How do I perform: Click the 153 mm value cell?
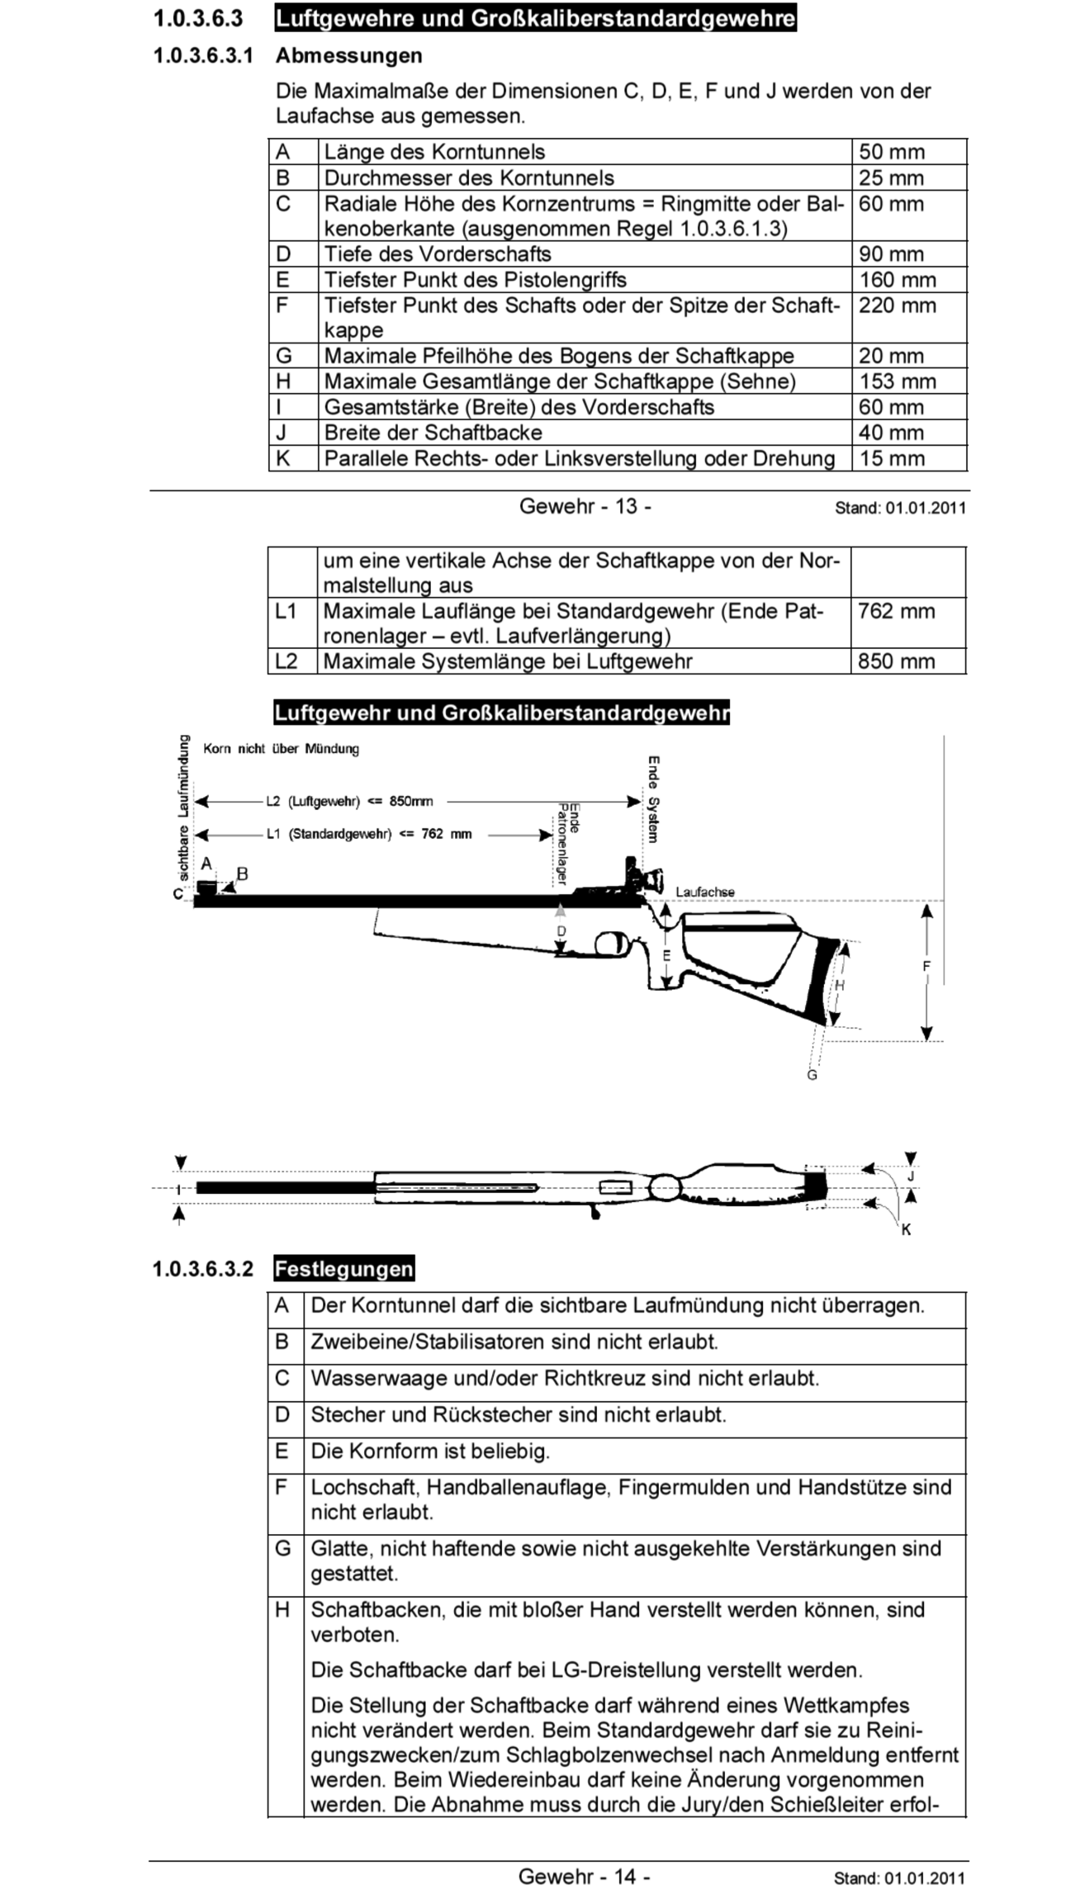[897, 381]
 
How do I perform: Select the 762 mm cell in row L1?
[896, 612]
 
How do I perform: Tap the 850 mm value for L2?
[896, 661]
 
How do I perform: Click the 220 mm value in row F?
[897, 305]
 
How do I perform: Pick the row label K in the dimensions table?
[283, 458]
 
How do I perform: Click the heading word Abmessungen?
[348, 56]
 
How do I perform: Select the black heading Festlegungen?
[343, 1269]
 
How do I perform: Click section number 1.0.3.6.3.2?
[202, 1269]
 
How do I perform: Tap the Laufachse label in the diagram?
[704, 892]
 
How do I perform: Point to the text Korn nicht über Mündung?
[281, 749]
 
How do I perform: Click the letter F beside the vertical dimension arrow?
[926, 967]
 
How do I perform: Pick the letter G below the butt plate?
[812, 1075]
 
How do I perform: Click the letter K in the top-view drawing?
[906, 1229]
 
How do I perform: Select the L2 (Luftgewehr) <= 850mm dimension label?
[348, 801]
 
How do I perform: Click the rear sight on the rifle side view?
[644, 877]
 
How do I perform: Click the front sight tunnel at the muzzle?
[207, 888]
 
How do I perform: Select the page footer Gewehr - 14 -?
[584, 1876]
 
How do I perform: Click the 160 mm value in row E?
[897, 280]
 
